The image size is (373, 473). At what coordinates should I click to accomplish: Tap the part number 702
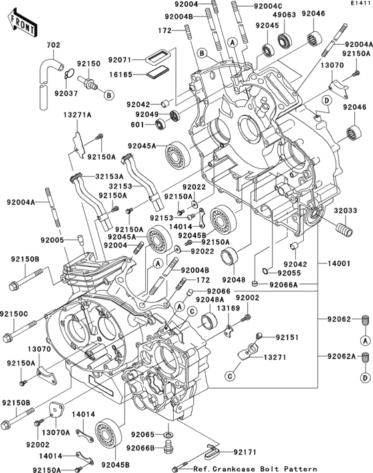pyautogui.click(x=53, y=46)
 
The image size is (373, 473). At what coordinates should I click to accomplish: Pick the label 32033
pyautogui.click(x=344, y=210)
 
